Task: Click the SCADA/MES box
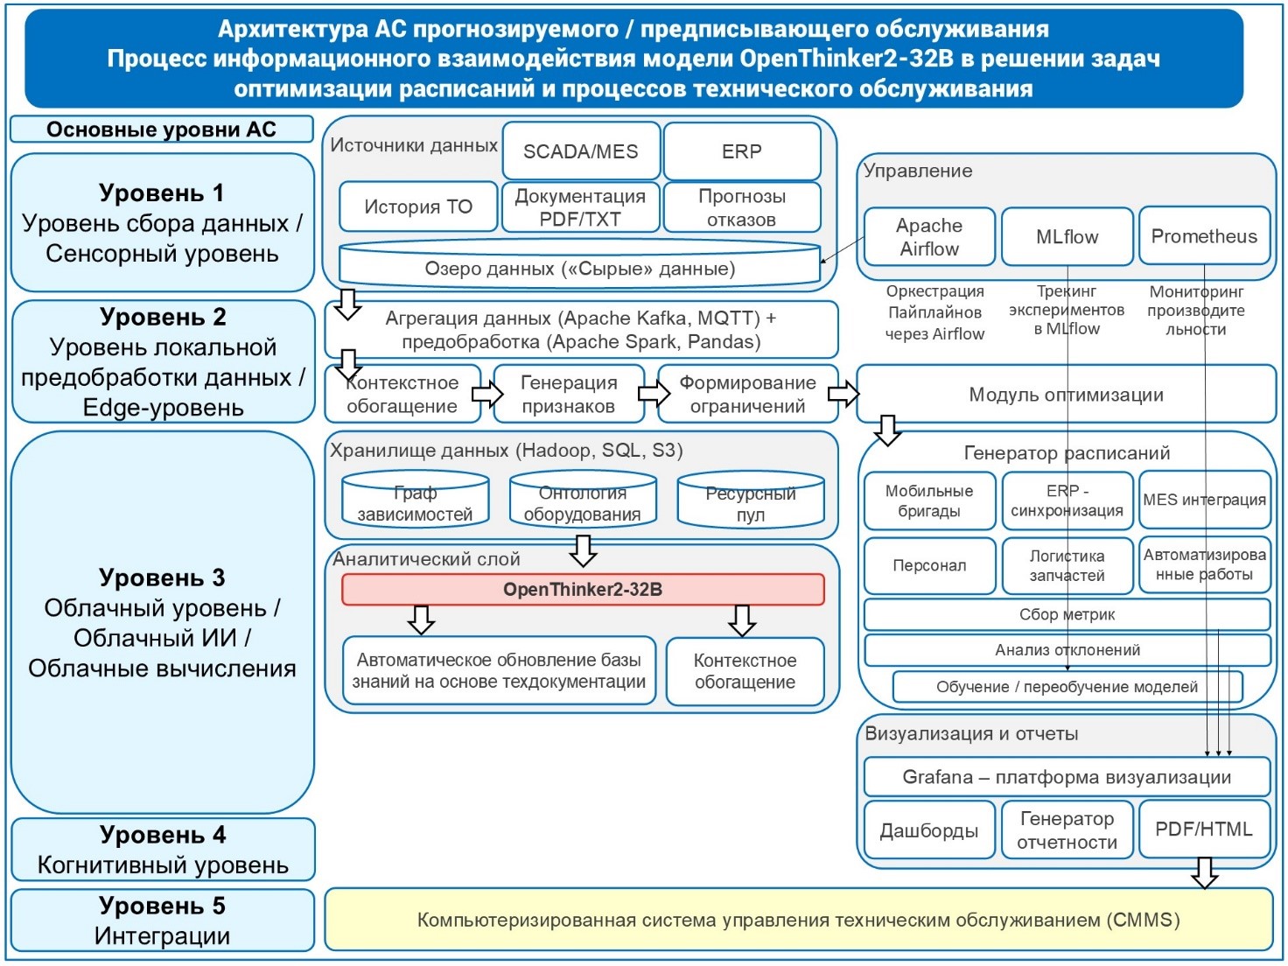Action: click(580, 151)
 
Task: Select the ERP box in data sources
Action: click(741, 151)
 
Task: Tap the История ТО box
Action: click(417, 206)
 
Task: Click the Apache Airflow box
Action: click(928, 236)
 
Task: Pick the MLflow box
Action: click(1066, 236)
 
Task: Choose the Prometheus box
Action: click(1204, 236)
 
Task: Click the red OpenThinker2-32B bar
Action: click(582, 590)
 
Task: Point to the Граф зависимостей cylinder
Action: click(415, 502)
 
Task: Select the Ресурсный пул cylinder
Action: click(750, 503)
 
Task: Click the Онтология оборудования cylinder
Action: click(582, 502)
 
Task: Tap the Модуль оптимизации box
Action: click(1066, 395)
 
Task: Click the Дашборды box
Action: click(928, 830)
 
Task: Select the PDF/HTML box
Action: click(1204, 829)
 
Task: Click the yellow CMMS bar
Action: click(798, 920)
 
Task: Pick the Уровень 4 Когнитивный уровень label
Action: click(162, 850)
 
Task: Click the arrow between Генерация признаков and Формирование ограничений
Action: click(653, 394)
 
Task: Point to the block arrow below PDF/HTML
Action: click(1205, 872)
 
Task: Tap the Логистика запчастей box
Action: click(1066, 565)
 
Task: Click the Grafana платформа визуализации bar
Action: click(1066, 777)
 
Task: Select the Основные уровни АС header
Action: click(161, 129)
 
